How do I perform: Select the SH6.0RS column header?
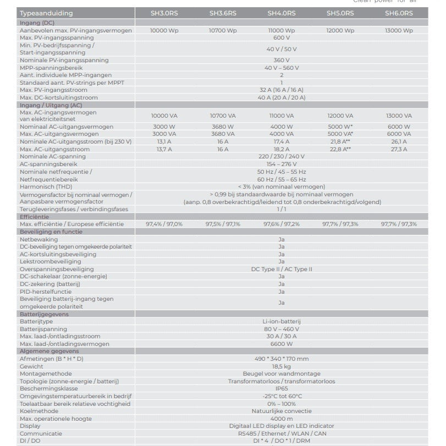(x=399, y=13)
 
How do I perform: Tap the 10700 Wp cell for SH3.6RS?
(x=223, y=31)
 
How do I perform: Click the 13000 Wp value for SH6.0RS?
(x=399, y=31)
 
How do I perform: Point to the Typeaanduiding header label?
(x=46, y=13)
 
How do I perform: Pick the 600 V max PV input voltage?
(x=281, y=38)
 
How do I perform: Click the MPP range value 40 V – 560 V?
(x=281, y=68)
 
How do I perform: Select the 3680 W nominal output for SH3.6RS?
(x=223, y=126)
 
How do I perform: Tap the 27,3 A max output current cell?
(x=399, y=149)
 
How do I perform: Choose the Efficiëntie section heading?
(x=35, y=217)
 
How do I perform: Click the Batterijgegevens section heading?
(x=44, y=313)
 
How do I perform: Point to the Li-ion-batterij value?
(x=281, y=321)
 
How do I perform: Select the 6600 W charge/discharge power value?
(x=281, y=344)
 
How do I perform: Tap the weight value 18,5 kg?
(x=281, y=366)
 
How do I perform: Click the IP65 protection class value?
(x=281, y=388)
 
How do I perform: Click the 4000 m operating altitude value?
(x=281, y=418)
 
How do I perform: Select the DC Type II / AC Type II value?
(x=281, y=269)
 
